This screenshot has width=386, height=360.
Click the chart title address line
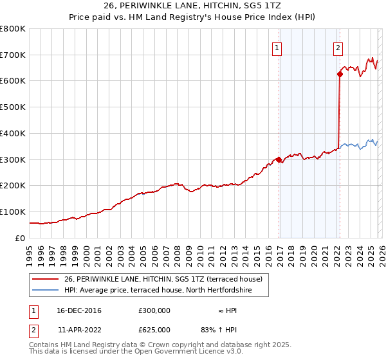192,5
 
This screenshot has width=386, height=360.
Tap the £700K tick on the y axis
13,55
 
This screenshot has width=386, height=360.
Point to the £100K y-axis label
13,212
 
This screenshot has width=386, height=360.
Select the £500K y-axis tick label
13,107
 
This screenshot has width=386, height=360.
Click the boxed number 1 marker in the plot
277,47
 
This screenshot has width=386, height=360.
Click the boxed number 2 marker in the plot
338,47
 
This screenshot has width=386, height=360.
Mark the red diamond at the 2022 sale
339,75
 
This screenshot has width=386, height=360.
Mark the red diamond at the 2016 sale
279,159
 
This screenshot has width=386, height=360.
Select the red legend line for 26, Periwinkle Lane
44,280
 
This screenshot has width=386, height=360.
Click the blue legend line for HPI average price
44,291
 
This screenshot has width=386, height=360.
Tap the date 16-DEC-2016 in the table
79,310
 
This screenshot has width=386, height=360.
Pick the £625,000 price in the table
154,329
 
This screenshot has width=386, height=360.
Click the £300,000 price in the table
154,310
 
